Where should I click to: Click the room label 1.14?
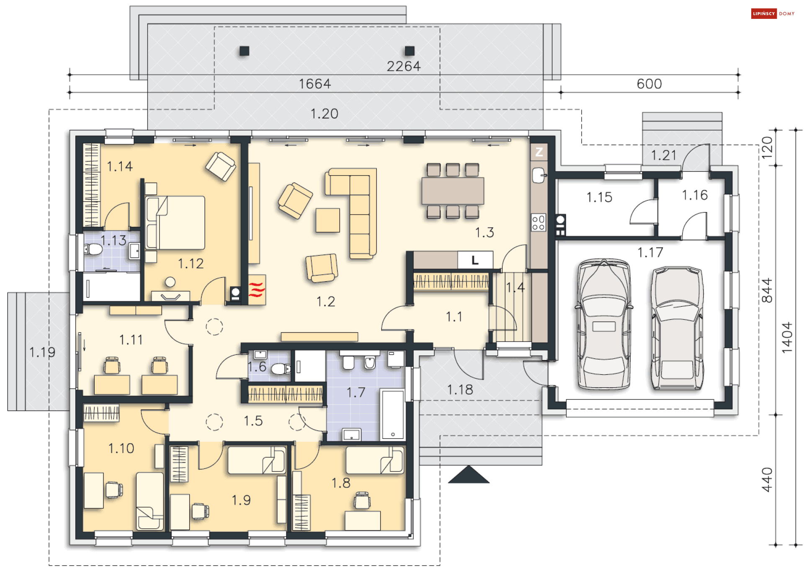[x=120, y=166]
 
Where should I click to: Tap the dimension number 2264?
[x=403, y=66]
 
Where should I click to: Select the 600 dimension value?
[x=649, y=84]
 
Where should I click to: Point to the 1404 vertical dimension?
[x=787, y=337]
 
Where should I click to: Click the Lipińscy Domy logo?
[x=773, y=14]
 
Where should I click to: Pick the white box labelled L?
[x=475, y=260]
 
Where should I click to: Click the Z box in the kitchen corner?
[x=539, y=152]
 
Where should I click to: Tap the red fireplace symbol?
[x=257, y=290]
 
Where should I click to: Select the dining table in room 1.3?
[x=453, y=191]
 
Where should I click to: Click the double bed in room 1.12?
[x=175, y=223]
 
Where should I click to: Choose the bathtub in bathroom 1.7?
[x=392, y=414]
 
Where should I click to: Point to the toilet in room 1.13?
[x=94, y=250]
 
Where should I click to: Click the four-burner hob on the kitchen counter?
[x=539, y=223]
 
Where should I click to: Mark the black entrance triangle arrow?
[x=469, y=475]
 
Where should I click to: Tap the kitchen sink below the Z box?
[x=539, y=175]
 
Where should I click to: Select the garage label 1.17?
[x=650, y=252]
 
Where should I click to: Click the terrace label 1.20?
[x=324, y=114]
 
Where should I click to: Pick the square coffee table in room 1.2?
[x=328, y=220]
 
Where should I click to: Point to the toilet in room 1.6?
[x=280, y=369]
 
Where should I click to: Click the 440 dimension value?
[x=767, y=480]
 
